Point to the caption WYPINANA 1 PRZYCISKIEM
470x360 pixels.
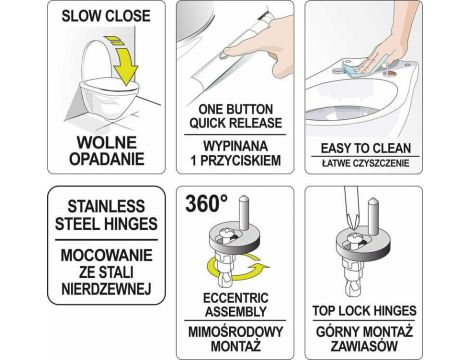coord(233,154)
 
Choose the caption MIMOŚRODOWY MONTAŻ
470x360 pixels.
coord(233,337)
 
